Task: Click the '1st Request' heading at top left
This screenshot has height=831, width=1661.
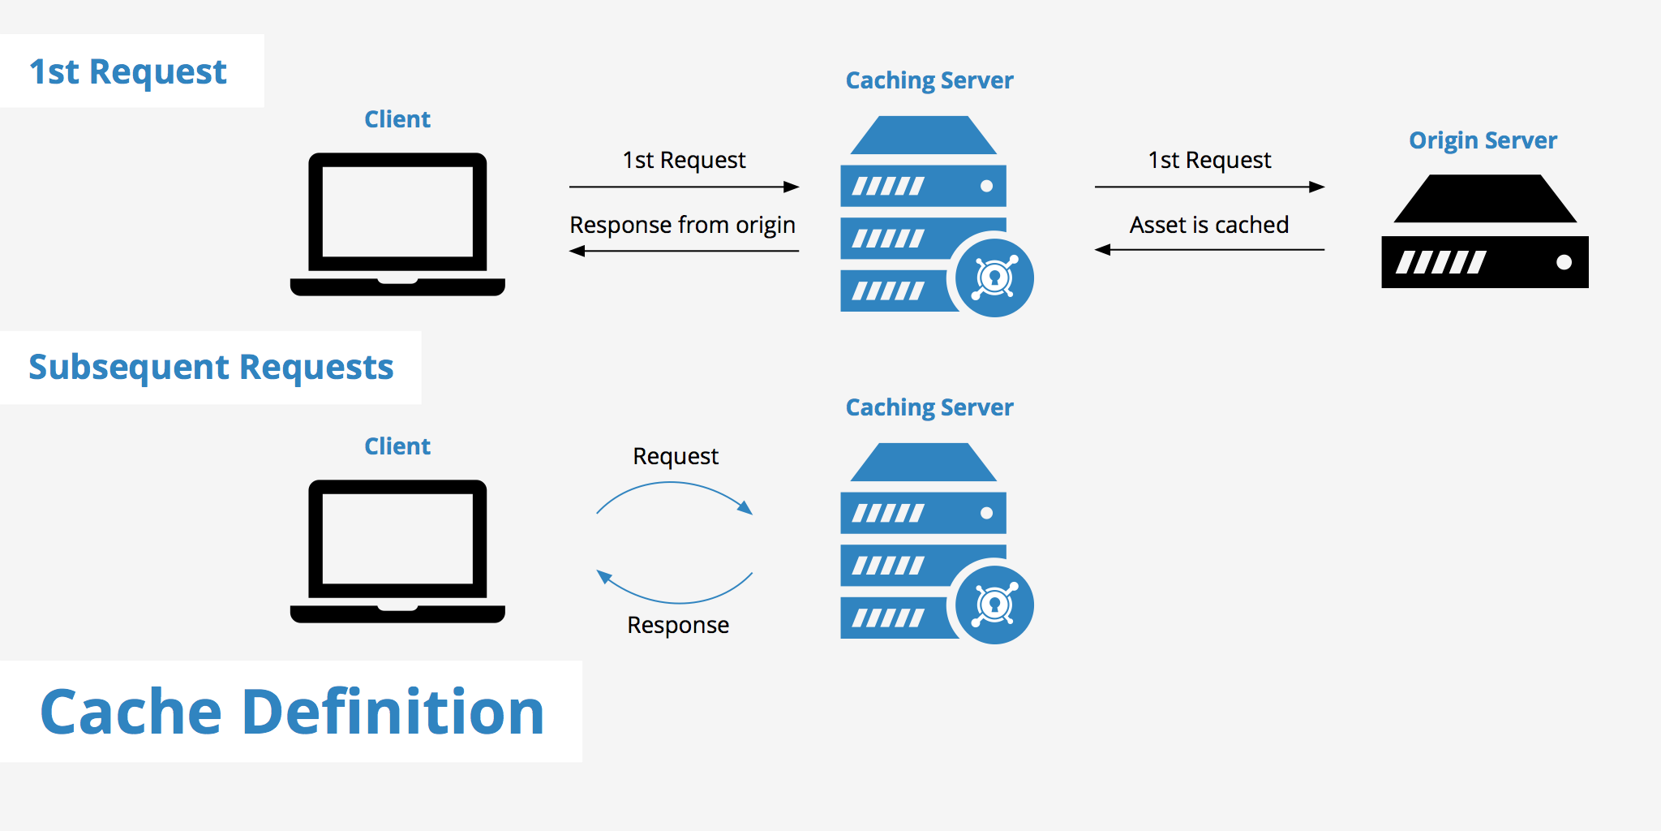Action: click(128, 71)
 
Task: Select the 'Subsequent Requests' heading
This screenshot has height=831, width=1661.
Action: click(211, 367)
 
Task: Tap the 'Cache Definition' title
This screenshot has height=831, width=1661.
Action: click(292, 712)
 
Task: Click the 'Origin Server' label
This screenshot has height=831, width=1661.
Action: click(1483, 140)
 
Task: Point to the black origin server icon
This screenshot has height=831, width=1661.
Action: click(1484, 235)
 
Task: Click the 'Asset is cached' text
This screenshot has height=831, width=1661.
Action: click(1208, 225)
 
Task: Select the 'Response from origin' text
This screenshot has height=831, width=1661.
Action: click(682, 225)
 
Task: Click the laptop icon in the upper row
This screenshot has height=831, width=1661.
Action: click(397, 223)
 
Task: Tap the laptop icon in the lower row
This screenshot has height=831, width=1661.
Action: click(397, 550)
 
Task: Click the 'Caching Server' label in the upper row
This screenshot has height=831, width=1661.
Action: click(929, 80)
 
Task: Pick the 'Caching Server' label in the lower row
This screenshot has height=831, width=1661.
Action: click(929, 407)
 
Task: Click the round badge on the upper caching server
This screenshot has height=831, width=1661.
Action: click(994, 278)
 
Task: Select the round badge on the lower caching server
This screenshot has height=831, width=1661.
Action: click(994, 605)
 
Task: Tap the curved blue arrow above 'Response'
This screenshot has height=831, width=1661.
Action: click(677, 599)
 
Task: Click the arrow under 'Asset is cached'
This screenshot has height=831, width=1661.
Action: click(1208, 250)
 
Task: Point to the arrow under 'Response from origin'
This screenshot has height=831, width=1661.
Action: click(684, 252)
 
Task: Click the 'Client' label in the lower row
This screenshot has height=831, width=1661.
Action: click(397, 446)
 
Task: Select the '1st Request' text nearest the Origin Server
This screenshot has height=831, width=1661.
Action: click(1209, 160)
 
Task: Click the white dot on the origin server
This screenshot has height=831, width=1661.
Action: click(1564, 262)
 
